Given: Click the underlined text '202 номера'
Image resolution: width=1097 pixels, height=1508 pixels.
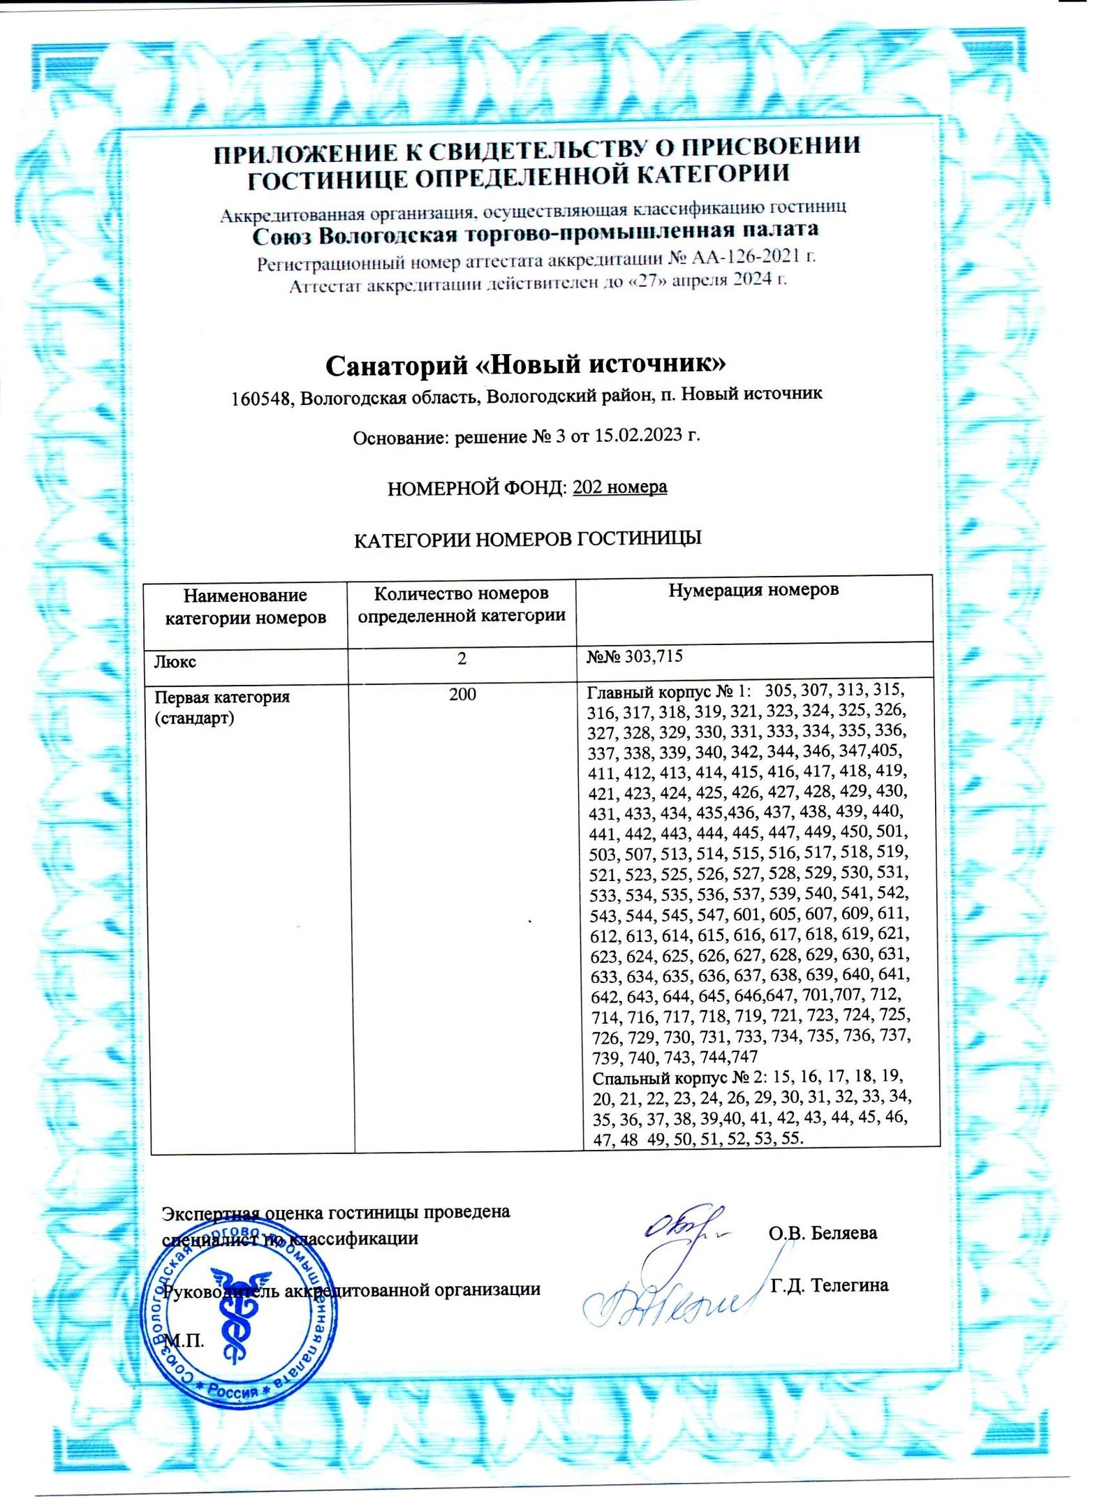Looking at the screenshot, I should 619,487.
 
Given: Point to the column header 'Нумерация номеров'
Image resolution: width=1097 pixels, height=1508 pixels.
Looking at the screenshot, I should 753,590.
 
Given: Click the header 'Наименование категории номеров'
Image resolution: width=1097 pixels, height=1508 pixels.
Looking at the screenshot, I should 245,606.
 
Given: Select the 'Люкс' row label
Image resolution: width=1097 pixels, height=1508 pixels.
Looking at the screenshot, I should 175,661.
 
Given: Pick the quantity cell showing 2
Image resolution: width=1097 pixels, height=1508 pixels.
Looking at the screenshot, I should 462,658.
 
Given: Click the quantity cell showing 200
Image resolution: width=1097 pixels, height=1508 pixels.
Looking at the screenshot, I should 462,694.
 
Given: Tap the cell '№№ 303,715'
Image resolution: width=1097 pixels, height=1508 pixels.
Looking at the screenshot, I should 634,656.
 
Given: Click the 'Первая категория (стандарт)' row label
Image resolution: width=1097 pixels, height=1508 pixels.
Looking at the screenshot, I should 221,707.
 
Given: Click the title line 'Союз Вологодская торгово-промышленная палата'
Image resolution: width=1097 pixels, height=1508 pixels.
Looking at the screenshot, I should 535,232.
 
